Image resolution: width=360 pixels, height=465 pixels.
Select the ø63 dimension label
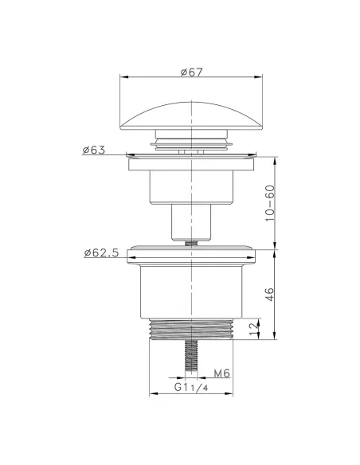[x=93, y=150]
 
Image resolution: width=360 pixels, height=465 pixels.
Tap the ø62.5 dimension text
[x=101, y=253]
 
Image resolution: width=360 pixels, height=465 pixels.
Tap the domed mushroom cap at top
[x=191, y=115]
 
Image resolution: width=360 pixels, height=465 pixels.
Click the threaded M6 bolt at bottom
[x=191, y=358]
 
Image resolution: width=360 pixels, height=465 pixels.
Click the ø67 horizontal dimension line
[x=191, y=78]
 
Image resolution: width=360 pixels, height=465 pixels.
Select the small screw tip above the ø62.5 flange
[x=191, y=244]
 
